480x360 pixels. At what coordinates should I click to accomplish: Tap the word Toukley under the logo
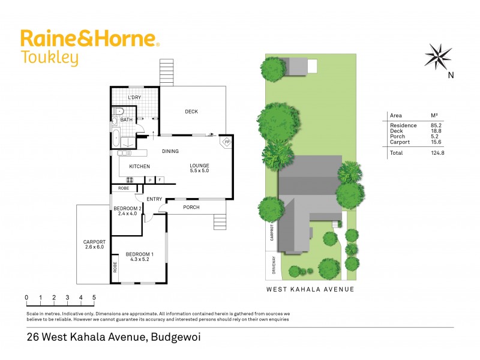50,58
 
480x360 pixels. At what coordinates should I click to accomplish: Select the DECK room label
191,112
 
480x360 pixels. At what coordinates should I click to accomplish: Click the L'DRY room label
134,97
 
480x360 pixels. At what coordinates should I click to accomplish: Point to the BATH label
127,119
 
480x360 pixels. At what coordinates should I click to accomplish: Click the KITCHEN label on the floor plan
139,166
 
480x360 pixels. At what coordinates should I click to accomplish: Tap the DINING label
170,151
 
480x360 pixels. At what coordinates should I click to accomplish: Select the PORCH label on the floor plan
191,208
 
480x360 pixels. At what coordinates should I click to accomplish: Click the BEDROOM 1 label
138,257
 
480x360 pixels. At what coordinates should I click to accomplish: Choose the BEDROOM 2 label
127,211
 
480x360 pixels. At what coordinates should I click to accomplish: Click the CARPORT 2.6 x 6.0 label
94,245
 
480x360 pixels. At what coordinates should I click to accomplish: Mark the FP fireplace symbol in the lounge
226,143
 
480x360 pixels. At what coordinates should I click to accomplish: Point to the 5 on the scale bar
94,297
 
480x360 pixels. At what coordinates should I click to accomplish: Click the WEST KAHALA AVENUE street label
310,289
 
